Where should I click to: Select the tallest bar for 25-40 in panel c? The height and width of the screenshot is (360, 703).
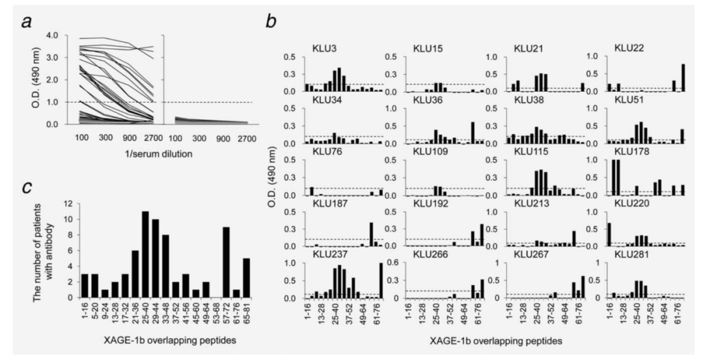click(x=145, y=255)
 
